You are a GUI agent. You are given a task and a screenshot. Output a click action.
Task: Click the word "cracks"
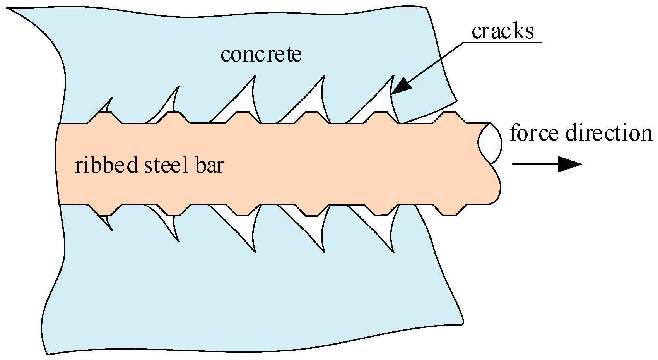point(502,31)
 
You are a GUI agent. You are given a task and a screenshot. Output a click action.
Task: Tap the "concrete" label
point(261,54)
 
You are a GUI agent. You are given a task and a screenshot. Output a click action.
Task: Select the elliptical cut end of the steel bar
point(490,143)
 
